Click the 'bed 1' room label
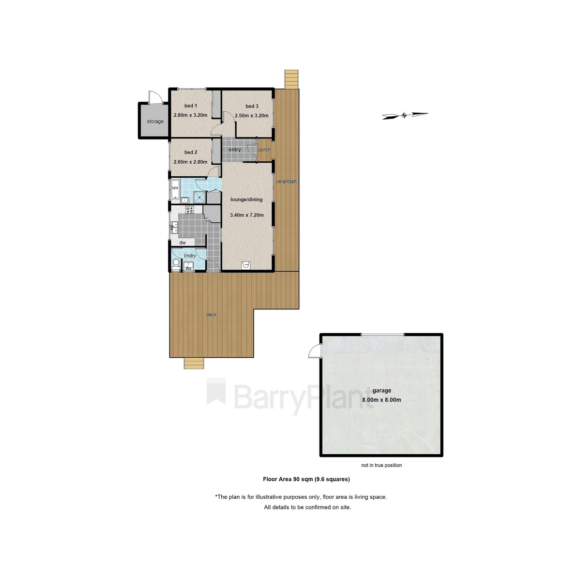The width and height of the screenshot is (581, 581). point(191,106)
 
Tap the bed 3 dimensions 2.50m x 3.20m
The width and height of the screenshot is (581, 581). point(251,116)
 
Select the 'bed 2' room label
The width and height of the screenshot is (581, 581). point(191,152)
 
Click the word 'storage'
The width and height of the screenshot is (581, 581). point(155,122)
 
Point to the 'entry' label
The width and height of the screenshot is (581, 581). point(234,150)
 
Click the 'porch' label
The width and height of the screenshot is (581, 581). point(264,150)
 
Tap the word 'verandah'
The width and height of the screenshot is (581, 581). point(286,182)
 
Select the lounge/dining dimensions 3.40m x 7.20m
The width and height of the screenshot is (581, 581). point(246,215)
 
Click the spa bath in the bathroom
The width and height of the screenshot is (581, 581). point(175,189)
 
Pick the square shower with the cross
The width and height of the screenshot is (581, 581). point(199,198)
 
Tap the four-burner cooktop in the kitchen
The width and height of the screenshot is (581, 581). point(190,210)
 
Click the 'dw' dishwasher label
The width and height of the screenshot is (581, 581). point(183,243)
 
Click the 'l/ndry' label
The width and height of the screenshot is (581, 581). point(190,256)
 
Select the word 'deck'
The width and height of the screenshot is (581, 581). point(212,315)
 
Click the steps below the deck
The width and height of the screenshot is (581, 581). point(194,363)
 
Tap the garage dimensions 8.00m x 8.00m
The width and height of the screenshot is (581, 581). point(382,400)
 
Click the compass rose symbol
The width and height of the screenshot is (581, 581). point(405,115)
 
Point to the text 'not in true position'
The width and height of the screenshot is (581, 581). point(382,465)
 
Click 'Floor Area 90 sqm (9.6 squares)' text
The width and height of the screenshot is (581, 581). point(306,479)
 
